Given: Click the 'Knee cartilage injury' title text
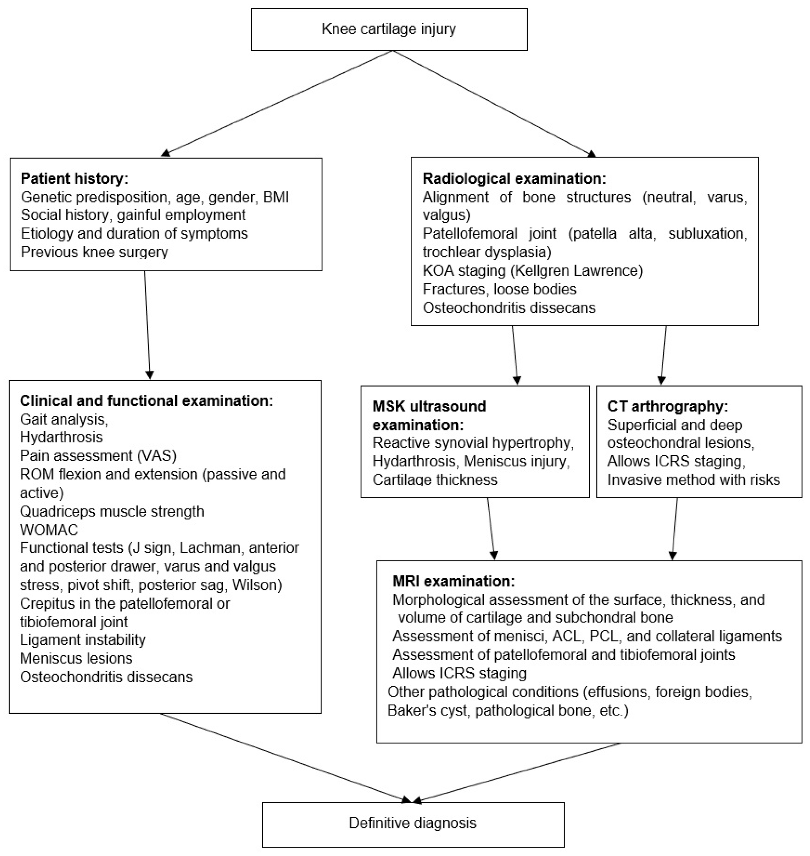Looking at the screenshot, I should tap(389, 29).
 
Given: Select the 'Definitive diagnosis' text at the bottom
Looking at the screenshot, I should tap(412, 823).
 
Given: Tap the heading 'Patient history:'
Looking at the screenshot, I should tap(75, 179).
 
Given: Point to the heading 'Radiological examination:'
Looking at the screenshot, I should tap(514, 179).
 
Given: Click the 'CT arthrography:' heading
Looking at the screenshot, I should tap(667, 406).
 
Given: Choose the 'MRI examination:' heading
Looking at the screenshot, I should tap(453, 581).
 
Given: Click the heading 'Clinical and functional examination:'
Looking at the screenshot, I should tap(146, 401).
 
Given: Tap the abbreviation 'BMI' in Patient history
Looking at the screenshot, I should tap(276, 197).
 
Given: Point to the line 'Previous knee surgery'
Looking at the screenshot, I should tap(94, 252).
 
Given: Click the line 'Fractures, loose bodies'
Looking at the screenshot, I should tap(499, 289).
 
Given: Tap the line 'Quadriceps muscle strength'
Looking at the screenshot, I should tap(112, 511).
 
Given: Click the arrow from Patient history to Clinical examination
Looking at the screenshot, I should tap(147, 324).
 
